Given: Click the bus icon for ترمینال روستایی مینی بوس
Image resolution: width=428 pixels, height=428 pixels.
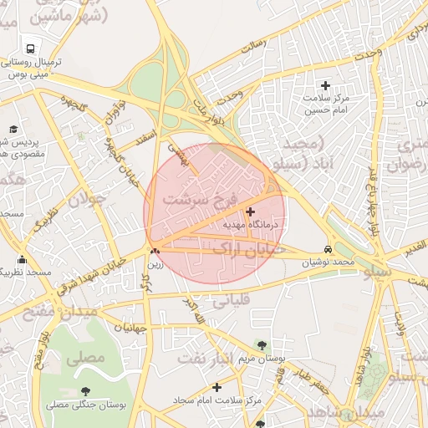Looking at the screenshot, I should click(x=31, y=48).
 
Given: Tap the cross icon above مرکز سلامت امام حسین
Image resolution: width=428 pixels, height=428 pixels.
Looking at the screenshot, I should click(x=326, y=85).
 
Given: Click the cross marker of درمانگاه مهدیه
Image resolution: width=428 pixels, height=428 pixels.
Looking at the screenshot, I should click(x=251, y=211).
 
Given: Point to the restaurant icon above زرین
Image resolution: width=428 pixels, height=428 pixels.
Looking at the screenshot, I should click(x=154, y=250).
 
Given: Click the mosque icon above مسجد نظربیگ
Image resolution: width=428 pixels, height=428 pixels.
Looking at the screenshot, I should click(x=21, y=260).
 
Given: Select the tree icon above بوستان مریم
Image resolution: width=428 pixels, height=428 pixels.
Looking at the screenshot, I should click(x=262, y=344).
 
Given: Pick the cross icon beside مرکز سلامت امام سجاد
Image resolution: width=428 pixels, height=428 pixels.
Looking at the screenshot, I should click(x=217, y=387).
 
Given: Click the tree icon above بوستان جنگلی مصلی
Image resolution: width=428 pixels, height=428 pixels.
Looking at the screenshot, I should click(x=85, y=390).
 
